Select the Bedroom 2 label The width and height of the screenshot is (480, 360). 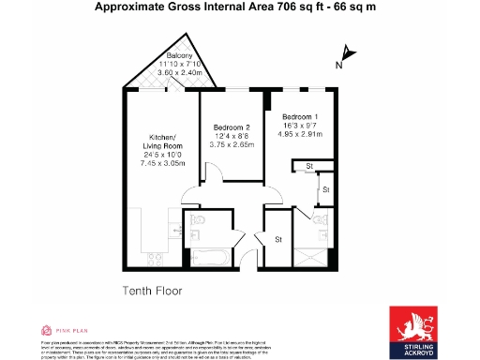click(x=231, y=127)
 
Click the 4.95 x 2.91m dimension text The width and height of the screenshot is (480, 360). click(x=302, y=134)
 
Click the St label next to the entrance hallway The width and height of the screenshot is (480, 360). click(x=278, y=239)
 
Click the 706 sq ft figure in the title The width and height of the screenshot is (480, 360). click(x=280, y=7)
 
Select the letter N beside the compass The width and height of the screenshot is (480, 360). click(x=338, y=66)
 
